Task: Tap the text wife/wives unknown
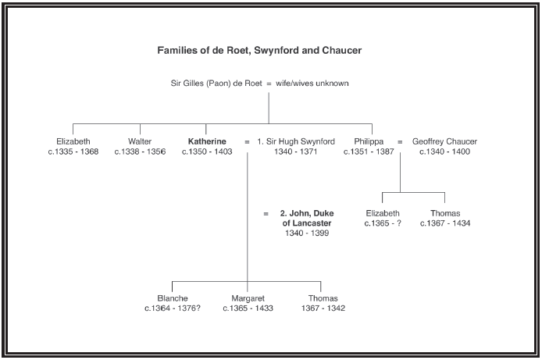click(313, 84)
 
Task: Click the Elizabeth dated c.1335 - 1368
click(73, 141)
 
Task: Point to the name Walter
click(140, 141)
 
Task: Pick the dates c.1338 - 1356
click(140, 151)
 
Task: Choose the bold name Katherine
click(207, 141)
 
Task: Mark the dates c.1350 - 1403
click(207, 151)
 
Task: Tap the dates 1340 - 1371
click(296, 151)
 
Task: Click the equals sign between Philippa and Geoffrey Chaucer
click(400, 141)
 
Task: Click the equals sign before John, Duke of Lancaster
click(266, 213)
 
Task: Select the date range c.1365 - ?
click(383, 223)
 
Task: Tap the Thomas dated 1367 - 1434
click(445, 213)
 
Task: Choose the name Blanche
click(173, 298)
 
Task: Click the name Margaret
click(248, 298)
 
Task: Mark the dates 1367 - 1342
click(323, 308)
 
